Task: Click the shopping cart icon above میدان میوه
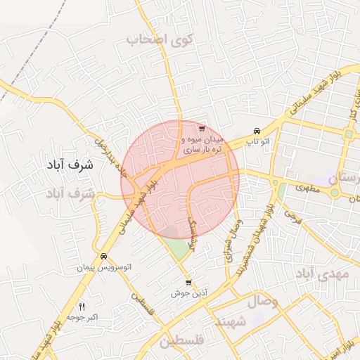pos(202,129)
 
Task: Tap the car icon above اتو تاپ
pos(257,131)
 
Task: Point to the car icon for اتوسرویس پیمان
pos(104,257)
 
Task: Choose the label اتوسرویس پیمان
pos(104,268)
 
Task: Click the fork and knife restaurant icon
pos(82,307)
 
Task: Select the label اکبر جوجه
pos(82,318)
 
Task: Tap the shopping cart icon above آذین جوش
pos(188,283)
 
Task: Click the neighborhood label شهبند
pos(231,321)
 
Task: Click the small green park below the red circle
pos(180,247)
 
